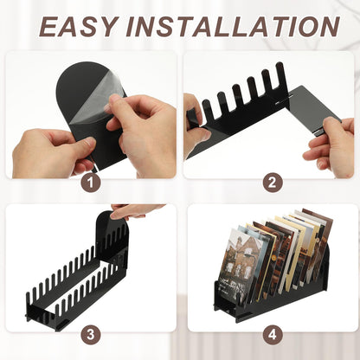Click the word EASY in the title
(78, 26)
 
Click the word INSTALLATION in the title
(233, 26)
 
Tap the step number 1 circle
(91, 183)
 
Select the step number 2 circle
(273, 183)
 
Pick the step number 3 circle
(91, 335)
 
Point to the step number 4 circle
(273, 335)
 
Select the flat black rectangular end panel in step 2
(313, 110)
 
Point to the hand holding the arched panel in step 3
(136, 210)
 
